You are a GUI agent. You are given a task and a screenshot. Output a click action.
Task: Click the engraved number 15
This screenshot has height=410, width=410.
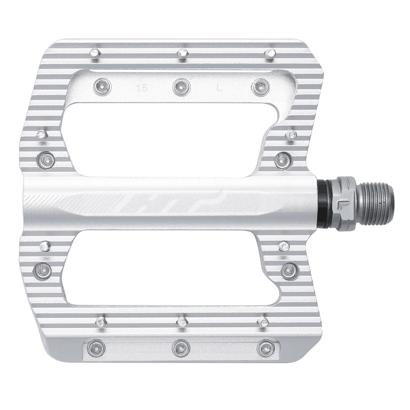142,88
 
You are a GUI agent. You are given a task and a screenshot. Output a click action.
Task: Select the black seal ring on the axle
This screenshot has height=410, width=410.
322,204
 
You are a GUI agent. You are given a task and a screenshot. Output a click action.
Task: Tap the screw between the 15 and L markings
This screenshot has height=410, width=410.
181,87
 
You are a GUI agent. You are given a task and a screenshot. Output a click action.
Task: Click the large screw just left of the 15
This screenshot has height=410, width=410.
102,86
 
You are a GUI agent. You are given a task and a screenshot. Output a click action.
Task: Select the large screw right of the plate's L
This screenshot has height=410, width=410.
261,87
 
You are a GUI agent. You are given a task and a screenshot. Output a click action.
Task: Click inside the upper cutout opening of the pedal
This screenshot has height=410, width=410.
169,138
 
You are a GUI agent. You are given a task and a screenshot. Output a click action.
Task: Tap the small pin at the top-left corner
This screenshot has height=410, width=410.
94,53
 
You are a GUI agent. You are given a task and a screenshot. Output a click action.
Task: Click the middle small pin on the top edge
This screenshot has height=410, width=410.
182,53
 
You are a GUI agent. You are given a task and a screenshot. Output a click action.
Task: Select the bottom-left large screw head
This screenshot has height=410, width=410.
96,348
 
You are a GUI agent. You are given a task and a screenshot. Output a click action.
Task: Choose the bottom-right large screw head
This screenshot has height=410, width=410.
265,348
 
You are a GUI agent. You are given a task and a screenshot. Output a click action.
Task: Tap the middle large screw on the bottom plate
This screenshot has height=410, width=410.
181,348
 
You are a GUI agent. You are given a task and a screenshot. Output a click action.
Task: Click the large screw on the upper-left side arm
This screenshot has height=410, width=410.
45,160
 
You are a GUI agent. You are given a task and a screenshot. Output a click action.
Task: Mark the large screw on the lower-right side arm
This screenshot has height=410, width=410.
290,270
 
